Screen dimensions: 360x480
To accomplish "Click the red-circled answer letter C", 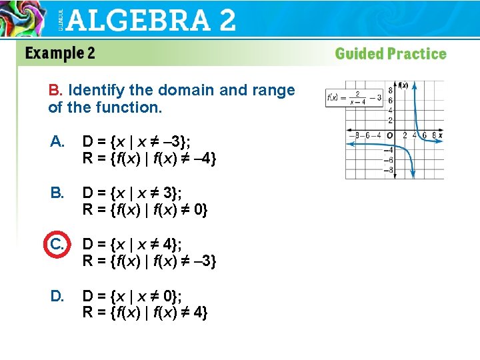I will (x=57, y=245).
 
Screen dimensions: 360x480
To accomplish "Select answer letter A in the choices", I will (x=57, y=141).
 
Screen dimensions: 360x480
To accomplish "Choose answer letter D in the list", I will (x=57, y=295).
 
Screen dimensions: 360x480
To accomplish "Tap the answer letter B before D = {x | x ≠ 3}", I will (x=57, y=193).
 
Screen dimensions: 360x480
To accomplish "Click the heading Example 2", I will (x=60, y=53).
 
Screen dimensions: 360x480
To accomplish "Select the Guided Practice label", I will (x=390, y=54).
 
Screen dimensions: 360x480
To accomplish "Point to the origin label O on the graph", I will (x=390, y=136).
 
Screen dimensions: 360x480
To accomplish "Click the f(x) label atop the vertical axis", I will (x=403, y=85).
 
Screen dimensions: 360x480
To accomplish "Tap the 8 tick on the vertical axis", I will (x=391, y=91).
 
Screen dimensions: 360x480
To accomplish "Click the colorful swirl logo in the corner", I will (x=24, y=17).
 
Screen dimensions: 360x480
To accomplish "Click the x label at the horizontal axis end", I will (x=440, y=135).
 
